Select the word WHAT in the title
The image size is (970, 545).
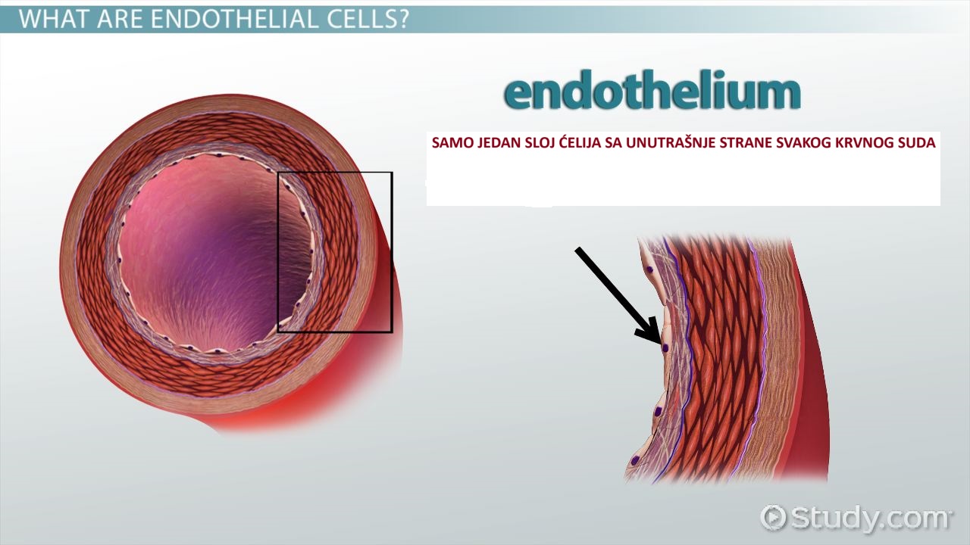(x=57, y=19)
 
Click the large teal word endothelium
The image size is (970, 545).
(x=652, y=93)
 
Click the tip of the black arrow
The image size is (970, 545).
(x=659, y=341)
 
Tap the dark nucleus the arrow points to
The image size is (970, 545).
(x=665, y=347)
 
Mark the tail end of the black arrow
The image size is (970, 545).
(x=577, y=250)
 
